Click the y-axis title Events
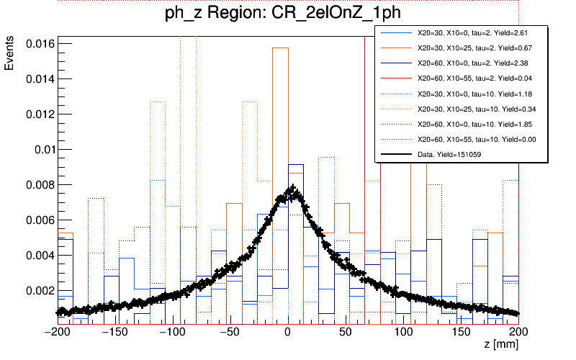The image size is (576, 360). (x=9, y=55)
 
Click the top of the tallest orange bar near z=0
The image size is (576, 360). (x=280, y=48)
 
